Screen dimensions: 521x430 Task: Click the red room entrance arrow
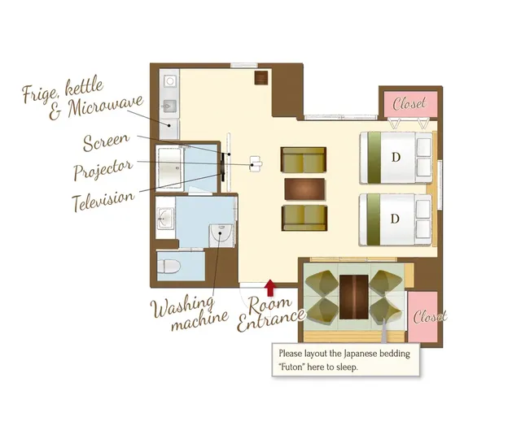tap(271, 288)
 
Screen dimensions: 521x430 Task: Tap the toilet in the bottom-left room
tap(169, 267)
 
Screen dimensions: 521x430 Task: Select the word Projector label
tap(103, 169)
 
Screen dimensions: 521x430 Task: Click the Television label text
tap(103, 201)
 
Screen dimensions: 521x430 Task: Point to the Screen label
tap(106, 141)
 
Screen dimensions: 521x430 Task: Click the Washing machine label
tap(190, 313)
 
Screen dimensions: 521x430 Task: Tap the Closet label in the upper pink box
tap(409, 103)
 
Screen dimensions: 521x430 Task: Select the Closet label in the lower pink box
tap(430, 317)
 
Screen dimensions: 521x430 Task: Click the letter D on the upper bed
tap(396, 157)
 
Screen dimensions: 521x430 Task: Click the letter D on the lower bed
tap(395, 219)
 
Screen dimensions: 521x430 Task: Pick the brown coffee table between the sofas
tap(304, 189)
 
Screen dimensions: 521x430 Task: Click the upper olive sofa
tap(304, 160)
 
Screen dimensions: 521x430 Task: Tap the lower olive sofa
tap(304, 218)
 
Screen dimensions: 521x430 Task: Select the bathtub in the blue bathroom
tap(169, 167)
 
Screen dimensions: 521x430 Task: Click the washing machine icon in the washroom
tap(221, 235)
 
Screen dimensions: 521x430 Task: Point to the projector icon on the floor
tap(256, 163)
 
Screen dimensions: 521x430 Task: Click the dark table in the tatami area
tap(354, 297)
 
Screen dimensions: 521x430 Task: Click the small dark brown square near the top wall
tap(261, 78)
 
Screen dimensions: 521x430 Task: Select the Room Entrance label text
tap(271, 315)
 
